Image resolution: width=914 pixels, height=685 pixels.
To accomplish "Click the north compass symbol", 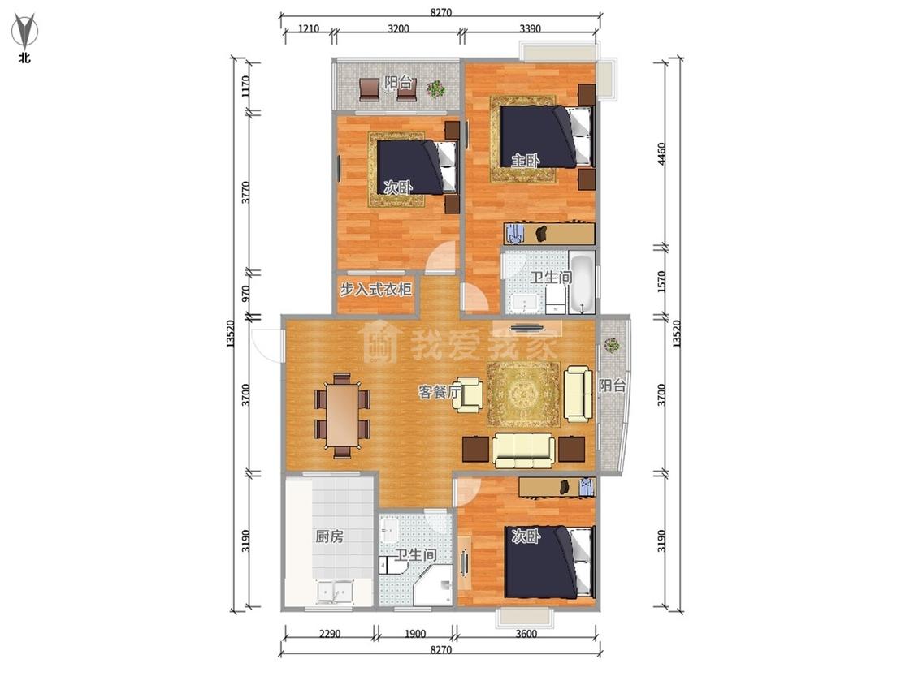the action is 24,31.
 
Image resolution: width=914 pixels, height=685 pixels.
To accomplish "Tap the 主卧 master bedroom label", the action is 525,160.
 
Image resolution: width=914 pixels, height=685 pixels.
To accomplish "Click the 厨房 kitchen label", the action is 329,536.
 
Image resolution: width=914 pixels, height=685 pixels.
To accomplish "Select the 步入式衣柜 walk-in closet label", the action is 376,289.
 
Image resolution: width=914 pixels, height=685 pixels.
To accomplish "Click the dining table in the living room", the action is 342,415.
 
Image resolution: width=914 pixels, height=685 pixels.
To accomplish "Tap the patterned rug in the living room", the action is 523,394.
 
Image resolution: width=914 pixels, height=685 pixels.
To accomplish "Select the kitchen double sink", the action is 335,592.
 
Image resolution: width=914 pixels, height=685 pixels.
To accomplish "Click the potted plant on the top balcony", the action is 435,89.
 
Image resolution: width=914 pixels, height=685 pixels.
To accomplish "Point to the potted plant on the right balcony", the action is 612,345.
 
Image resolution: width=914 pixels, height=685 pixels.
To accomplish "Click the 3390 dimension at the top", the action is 530,28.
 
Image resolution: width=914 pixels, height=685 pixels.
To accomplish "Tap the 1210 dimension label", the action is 309,28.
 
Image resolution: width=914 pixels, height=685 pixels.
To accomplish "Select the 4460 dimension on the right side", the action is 661,153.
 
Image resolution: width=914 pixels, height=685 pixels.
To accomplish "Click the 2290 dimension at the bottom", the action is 330,634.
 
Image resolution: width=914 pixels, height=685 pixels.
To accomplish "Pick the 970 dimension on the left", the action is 245,293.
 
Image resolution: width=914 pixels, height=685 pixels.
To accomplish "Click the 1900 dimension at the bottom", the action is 415,634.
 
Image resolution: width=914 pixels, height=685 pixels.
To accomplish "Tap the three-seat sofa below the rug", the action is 523,450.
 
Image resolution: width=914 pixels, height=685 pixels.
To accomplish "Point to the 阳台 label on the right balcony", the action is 612,385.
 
